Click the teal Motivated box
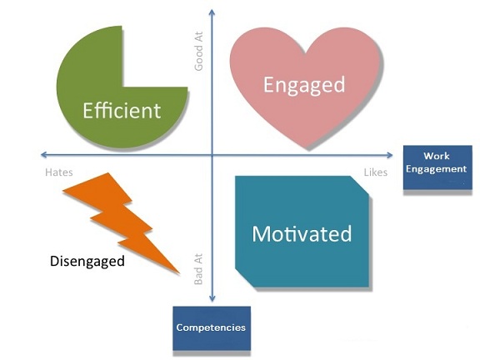[302, 232]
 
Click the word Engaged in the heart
[304, 85]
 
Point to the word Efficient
[122, 111]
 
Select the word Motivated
[302, 234]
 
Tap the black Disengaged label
[87, 262]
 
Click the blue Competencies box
[212, 328]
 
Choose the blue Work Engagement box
[437, 167]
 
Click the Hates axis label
[59, 172]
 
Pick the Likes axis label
[376, 172]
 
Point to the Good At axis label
[198, 51]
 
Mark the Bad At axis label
[198, 269]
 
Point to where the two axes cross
[212, 155]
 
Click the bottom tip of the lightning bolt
[179, 273]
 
